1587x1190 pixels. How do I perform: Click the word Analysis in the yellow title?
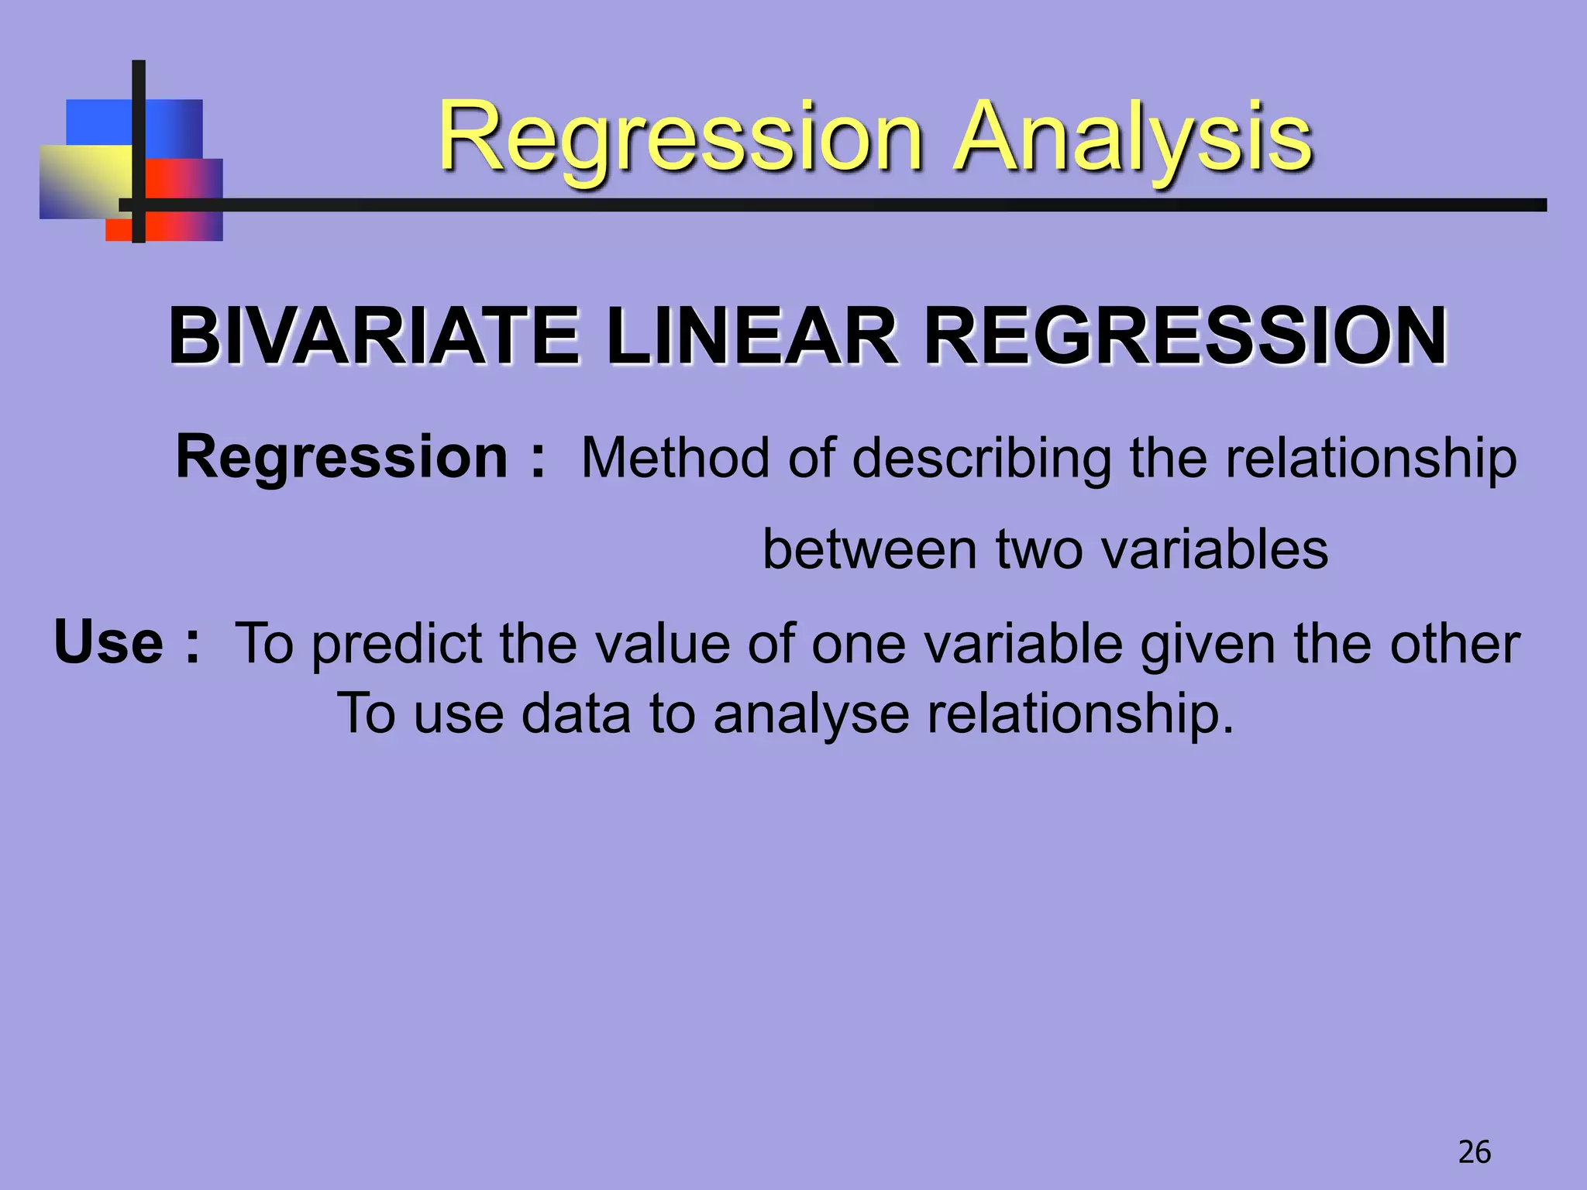point(1133,137)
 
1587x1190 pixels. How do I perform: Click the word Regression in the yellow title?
point(680,137)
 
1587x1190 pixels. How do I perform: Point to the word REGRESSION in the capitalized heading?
point(1186,336)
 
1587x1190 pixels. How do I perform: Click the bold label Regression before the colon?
point(341,457)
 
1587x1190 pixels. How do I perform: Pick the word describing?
point(981,459)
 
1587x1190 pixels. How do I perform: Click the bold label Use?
point(108,643)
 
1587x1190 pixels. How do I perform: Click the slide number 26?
point(1474,1152)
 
